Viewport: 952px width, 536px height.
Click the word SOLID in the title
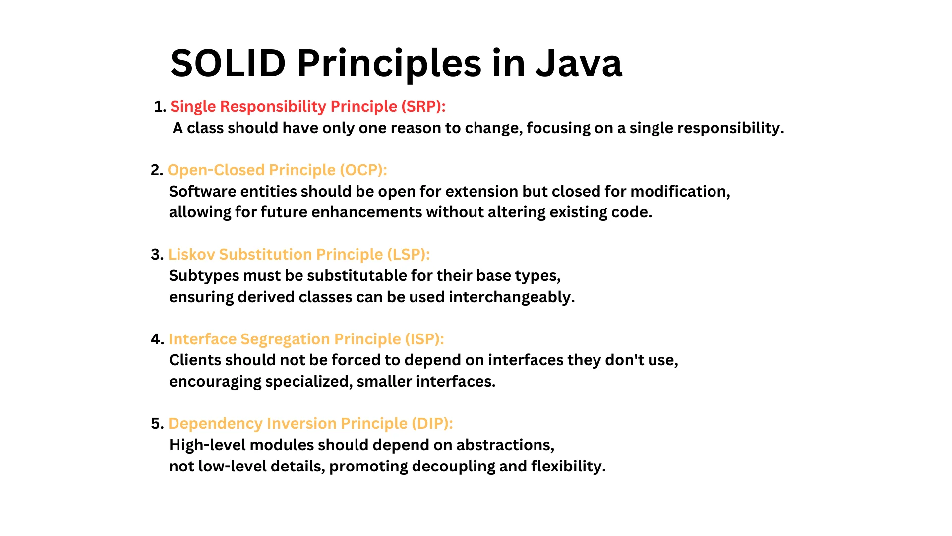[228, 64]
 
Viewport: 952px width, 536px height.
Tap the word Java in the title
[579, 64]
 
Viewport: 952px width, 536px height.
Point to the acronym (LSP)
[409, 255]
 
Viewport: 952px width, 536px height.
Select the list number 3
[157, 255]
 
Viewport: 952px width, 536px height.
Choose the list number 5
[157, 424]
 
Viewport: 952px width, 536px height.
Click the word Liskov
[191, 255]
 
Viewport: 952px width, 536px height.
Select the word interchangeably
[512, 297]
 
